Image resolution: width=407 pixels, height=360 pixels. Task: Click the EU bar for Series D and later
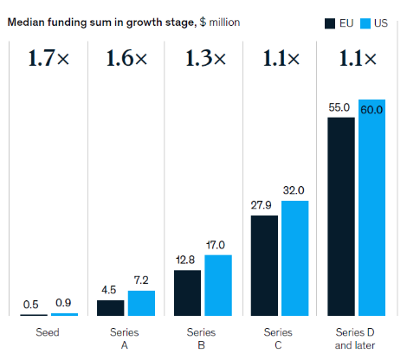click(x=341, y=216)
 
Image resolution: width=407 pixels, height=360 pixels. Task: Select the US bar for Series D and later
click(x=371, y=208)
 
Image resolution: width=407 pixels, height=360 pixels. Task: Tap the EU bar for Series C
click(x=264, y=266)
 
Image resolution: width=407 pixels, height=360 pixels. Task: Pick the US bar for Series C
click(x=295, y=258)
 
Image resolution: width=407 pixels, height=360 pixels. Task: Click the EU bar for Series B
click(x=187, y=292)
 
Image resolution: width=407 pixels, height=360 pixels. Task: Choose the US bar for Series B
click(x=218, y=286)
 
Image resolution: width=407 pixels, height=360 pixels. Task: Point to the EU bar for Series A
click(x=111, y=308)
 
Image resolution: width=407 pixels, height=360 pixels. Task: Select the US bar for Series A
click(x=141, y=303)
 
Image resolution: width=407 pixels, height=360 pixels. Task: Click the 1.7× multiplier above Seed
click(x=48, y=58)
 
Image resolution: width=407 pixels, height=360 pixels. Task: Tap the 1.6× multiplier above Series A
click(x=127, y=58)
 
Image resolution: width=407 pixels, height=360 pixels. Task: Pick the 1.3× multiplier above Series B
click(x=205, y=58)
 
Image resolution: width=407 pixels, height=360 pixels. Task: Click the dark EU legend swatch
click(x=330, y=23)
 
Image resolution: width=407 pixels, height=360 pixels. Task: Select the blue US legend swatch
click(x=365, y=23)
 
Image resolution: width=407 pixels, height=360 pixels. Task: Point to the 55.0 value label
click(x=339, y=107)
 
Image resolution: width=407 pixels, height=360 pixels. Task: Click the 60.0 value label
click(x=371, y=110)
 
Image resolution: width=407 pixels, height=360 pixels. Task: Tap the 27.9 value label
click(x=261, y=205)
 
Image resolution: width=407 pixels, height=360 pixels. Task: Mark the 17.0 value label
click(x=216, y=245)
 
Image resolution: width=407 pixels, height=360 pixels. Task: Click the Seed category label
click(x=48, y=332)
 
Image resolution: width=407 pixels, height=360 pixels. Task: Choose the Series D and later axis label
click(x=355, y=339)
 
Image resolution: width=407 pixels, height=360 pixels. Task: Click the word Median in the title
click(x=26, y=22)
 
